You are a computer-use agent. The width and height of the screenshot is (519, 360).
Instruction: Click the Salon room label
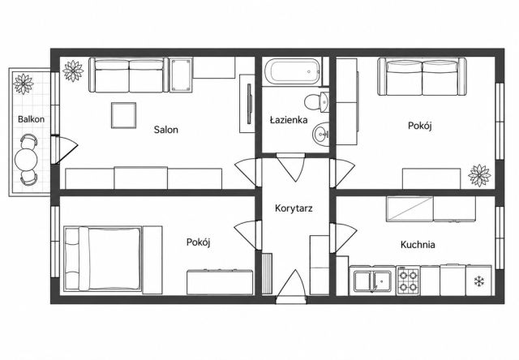pyautogui.click(x=165, y=130)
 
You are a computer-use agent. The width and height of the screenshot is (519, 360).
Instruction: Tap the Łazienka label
pyautogui.click(x=289, y=119)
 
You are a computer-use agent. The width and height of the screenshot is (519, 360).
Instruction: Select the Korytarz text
pyautogui.click(x=294, y=208)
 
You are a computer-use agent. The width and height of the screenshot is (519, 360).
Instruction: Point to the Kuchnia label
pyautogui.click(x=418, y=245)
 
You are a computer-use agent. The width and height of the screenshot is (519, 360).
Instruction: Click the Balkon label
pyautogui.click(x=31, y=119)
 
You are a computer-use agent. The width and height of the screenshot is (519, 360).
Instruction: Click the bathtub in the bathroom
pyautogui.click(x=292, y=71)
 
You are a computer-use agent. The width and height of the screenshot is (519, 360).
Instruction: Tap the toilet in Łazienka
pyautogui.click(x=316, y=102)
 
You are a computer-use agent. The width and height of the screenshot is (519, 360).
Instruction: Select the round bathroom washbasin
pyautogui.click(x=320, y=134)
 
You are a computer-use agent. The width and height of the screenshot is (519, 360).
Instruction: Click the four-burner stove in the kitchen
pyautogui.click(x=408, y=281)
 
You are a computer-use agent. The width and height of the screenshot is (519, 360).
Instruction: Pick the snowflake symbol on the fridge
pyautogui.click(x=479, y=281)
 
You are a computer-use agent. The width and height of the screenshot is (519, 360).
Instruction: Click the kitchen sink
pyautogui.click(x=372, y=281)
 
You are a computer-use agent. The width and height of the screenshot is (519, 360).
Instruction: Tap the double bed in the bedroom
pyautogui.click(x=103, y=259)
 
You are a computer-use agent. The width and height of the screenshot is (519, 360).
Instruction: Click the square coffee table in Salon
pyautogui.click(x=123, y=115)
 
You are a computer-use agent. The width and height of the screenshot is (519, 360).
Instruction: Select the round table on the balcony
pyautogui.click(x=26, y=160)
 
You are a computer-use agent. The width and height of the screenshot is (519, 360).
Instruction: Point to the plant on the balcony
pyautogui.click(x=24, y=84)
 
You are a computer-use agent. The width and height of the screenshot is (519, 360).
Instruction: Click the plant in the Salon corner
pyautogui.click(x=73, y=71)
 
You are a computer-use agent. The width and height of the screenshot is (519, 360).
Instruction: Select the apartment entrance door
pyautogui.click(x=291, y=286)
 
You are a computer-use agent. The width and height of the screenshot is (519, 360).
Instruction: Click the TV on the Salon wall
pyautogui.click(x=250, y=104)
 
